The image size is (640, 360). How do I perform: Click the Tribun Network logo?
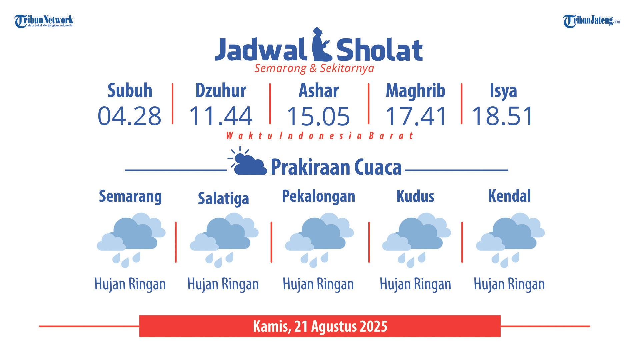tap(44, 21)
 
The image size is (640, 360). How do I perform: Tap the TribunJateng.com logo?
tap(592, 21)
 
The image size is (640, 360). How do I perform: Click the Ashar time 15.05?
tap(318, 116)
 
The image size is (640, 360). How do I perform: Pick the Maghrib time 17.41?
tap(416, 116)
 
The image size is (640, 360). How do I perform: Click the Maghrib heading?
tap(415, 91)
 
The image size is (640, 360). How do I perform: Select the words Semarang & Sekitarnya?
tap(314, 68)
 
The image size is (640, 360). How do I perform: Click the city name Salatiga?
tap(223, 198)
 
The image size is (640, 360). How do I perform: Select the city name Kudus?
tap(415, 196)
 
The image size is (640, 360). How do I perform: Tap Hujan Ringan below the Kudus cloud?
tap(415, 284)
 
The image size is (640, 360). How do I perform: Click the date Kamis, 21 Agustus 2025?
tap(320, 326)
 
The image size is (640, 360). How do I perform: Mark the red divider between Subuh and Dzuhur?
tap(172, 104)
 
